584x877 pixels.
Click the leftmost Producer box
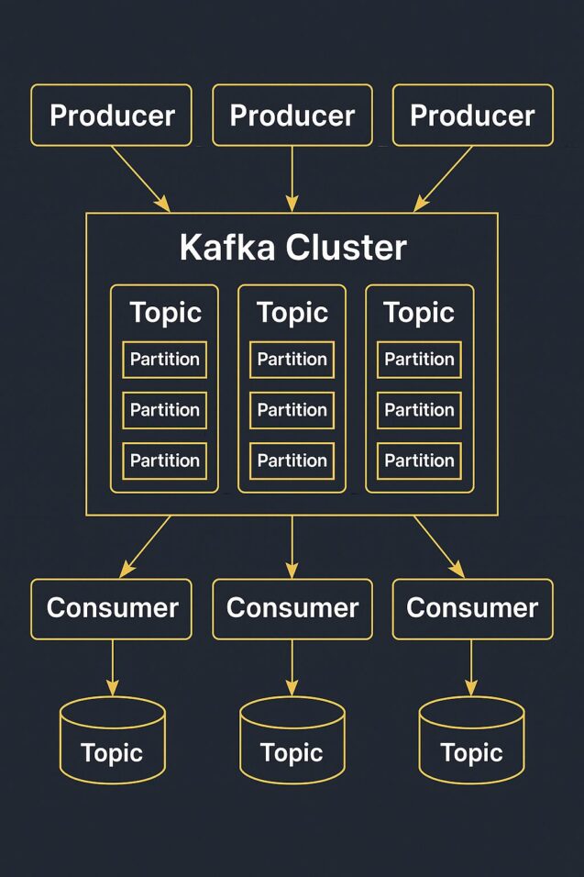(x=112, y=116)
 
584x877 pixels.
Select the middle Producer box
(x=292, y=116)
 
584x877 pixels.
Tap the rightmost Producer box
(x=472, y=116)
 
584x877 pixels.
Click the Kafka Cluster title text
(x=292, y=248)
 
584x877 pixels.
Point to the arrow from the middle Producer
(x=292, y=179)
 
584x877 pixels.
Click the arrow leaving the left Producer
(x=140, y=179)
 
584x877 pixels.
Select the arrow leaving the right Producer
(x=444, y=179)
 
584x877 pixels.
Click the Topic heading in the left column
(x=165, y=312)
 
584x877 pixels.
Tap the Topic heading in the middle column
(x=292, y=312)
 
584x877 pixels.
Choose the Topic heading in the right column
(x=419, y=312)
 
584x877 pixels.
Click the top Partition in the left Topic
(x=165, y=360)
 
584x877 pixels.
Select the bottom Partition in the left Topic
(x=165, y=461)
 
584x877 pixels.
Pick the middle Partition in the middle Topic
(x=292, y=410)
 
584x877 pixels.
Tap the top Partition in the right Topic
(x=419, y=360)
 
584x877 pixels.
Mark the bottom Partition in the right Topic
(x=419, y=461)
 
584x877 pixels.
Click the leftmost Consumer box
(x=112, y=608)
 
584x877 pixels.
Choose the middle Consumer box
(x=292, y=608)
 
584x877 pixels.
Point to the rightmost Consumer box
(x=472, y=608)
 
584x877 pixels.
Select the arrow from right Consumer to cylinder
(x=472, y=667)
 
